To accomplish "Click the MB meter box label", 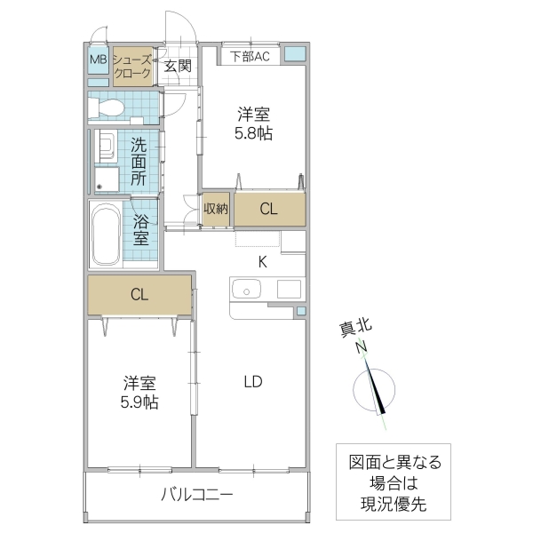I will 98,61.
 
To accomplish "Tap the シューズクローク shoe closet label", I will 132,66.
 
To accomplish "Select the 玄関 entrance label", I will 178,65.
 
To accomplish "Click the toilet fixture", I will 109,107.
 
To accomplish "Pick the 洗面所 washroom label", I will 139,161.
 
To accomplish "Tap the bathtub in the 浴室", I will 106,235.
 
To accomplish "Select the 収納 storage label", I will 216,209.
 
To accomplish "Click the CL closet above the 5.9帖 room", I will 139,295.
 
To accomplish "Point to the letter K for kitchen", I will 262,261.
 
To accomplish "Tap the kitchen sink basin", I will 244,290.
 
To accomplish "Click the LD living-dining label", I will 253,382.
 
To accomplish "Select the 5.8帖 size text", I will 254,133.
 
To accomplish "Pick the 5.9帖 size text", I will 140,402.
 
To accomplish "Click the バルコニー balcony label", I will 197,494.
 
